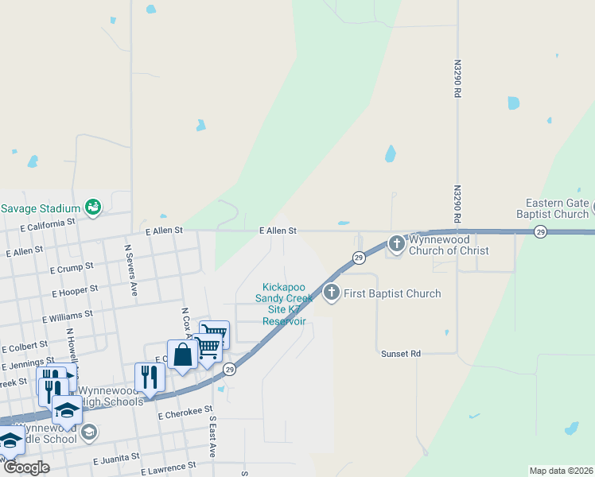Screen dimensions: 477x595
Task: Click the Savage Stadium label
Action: click(x=41, y=208)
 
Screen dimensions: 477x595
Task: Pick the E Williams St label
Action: click(x=68, y=316)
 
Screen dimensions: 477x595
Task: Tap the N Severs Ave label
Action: click(x=130, y=271)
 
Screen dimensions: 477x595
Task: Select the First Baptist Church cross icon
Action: click(x=331, y=293)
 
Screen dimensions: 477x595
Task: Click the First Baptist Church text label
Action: click(x=392, y=294)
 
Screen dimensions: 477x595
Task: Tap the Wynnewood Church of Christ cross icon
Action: click(x=397, y=242)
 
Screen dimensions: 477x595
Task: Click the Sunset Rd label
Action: click(x=400, y=353)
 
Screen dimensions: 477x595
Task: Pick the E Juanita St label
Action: click(x=117, y=458)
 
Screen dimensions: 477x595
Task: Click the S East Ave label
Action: click(x=212, y=436)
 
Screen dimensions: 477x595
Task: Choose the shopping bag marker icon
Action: click(x=182, y=355)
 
